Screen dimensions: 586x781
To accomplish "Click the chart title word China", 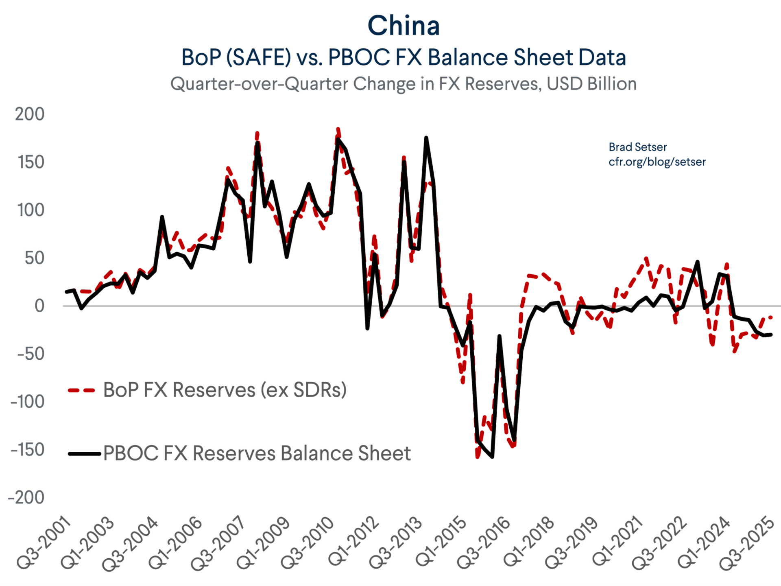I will pyautogui.click(x=404, y=26).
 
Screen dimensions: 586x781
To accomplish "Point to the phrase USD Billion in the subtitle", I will pyautogui.click(x=591, y=84).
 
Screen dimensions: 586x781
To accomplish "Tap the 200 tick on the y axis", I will pyautogui.click(x=30, y=114).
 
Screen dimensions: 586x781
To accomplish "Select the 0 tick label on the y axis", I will pyautogui.click(x=39, y=306).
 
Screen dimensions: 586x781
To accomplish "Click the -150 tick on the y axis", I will pyautogui.click(x=28, y=450).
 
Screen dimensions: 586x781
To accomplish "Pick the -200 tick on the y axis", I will pyautogui.click(x=27, y=498).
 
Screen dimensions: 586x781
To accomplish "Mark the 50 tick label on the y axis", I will pyautogui.click(x=34, y=258).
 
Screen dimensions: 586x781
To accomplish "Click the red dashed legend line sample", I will pyautogui.click(x=81, y=390).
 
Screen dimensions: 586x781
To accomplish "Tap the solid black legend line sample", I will pyautogui.click(x=84, y=453).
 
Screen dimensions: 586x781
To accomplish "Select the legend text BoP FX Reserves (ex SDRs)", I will pyautogui.click(x=225, y=390).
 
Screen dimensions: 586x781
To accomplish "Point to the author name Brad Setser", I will pyautogui.click(x=637, y=147).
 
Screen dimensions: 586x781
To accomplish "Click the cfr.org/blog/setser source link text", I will pyautogui.click(x=657, y=162).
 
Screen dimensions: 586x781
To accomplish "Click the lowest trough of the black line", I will pyautogui.click(x=493, y=457).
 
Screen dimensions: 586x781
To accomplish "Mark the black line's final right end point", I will pyautogui.click(x=771, y=335).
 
